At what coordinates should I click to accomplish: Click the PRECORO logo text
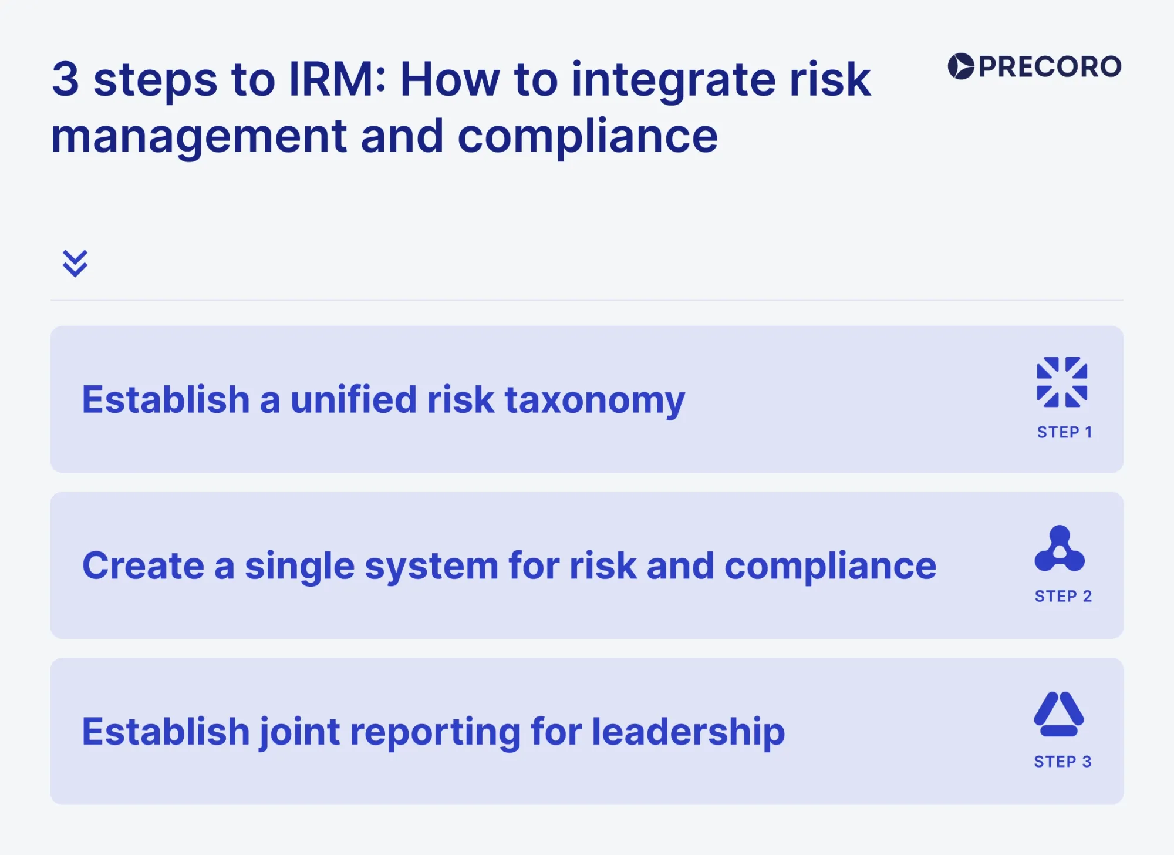coord(1050,66)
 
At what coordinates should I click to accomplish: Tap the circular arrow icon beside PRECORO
coord(961,66)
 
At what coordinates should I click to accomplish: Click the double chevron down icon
coord(75,263)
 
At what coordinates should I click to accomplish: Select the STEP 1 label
coord(1064,432)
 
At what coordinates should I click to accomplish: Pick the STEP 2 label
coord(1063,596)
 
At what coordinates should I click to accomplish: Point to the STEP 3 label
coord(1062,762)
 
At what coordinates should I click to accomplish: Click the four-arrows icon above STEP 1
coord(1062,382)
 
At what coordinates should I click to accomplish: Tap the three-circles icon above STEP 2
coord(1060,548)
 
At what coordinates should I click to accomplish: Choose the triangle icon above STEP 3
coord(1059,714)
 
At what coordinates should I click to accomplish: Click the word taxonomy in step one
coord(595,400)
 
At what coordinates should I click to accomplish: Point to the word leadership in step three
coord(688,733)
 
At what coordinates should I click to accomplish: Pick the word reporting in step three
coord(435,733)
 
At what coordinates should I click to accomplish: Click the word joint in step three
coord(299,732)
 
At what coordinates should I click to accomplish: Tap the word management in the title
coord(199,137)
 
